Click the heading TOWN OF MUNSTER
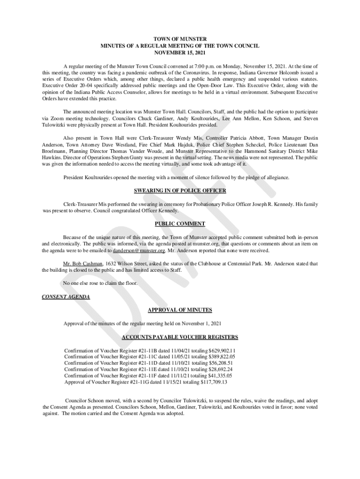click(x=180, y=39)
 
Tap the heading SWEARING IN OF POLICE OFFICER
click(x=180, y=191)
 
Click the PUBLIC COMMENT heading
click(x=180, y=224)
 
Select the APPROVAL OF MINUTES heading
click(x=180, y=310)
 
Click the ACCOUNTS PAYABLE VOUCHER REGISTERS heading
click(x=180, y=337)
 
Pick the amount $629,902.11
click(x=222, y=350)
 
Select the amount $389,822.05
click(x=222, y=356)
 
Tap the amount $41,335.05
click(x=217, y=376)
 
